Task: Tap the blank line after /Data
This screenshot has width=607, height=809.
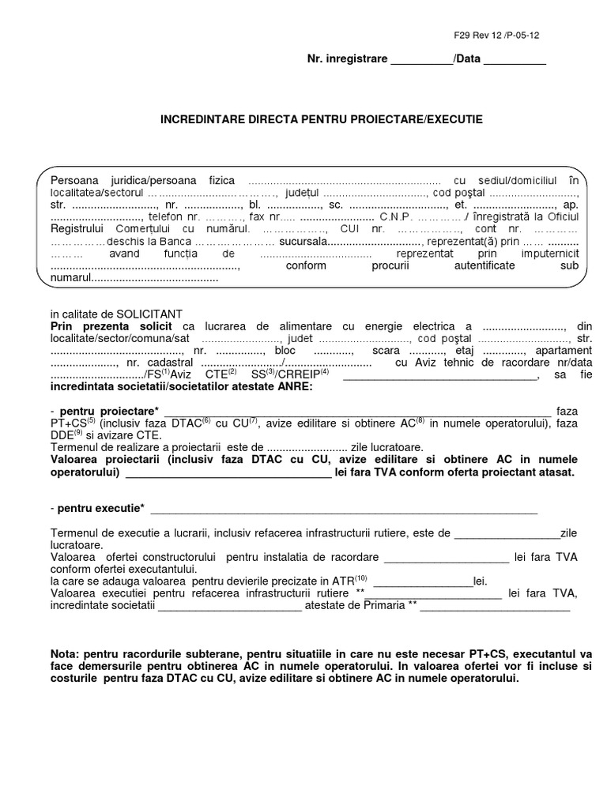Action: point(514,61)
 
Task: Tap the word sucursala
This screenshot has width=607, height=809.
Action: point(302,241)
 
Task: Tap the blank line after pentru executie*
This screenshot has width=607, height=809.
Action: point(344,508)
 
